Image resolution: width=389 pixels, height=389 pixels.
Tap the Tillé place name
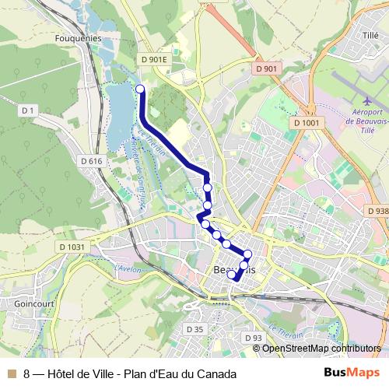pos(370,35)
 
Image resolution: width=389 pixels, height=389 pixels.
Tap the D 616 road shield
pos(91,161)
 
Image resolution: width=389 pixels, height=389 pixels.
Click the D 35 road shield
pos(194,330)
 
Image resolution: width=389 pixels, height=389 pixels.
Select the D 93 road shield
pos(253,338)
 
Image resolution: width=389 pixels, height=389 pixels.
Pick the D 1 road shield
pos(29,111)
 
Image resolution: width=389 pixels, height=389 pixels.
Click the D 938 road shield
pos(377,211)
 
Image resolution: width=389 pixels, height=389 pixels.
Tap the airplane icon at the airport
pos(367,100)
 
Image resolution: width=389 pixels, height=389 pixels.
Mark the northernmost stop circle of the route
pos(141,89)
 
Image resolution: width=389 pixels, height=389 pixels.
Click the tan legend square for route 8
pos(11,373)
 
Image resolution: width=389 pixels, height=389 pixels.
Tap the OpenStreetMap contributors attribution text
pos(321,349)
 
